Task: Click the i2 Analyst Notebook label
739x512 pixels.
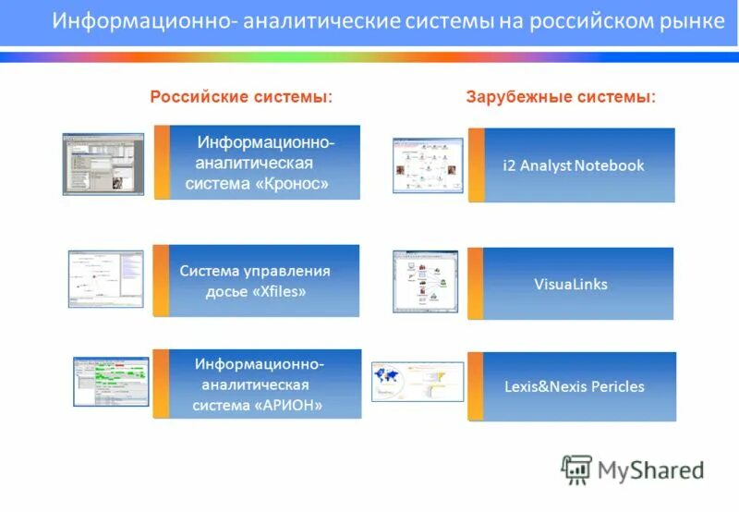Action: (x=573, y=165)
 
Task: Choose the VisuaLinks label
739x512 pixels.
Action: (x=571, y=284)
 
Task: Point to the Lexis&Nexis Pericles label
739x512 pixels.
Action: (x=574, y=386)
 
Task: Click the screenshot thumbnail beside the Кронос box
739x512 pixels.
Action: (x=103, y=164)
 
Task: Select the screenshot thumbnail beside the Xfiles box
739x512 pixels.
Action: (x=106, y=278)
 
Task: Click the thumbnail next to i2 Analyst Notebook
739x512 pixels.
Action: (x=427, y=165)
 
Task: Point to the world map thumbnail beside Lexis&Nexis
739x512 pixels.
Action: (x=417, y=382)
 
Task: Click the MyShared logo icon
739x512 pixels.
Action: (x=576, y=469)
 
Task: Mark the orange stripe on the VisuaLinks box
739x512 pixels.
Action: (x=476, y=284)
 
